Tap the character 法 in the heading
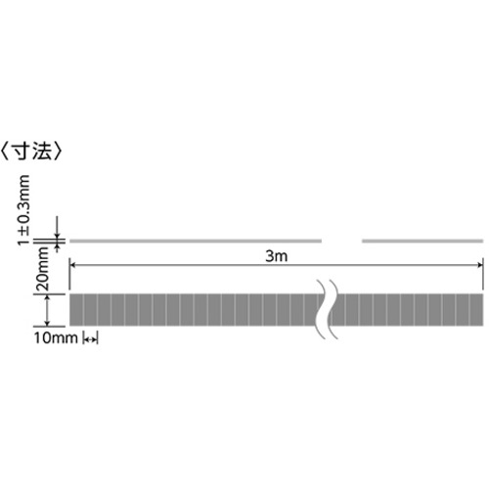[42, 152]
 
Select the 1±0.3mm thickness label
[23, 210]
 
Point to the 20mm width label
[43, 269]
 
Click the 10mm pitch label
[56, 338]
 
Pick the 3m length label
[277, 256]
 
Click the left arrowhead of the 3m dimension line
[72, 265]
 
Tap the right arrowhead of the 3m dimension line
[480, 265]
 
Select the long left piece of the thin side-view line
[196, 242]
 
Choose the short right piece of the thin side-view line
[422, 242]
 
